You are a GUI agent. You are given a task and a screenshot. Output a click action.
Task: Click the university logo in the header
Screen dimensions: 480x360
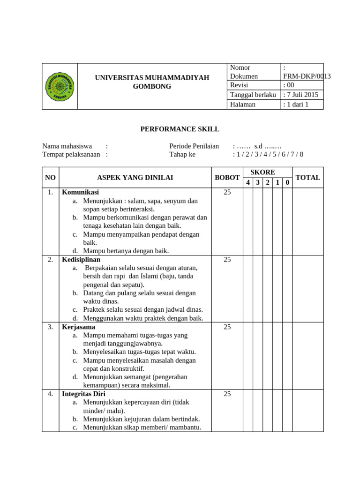click(60, 86)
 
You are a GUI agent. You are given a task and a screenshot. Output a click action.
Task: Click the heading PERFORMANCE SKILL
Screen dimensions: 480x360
click(180, 129)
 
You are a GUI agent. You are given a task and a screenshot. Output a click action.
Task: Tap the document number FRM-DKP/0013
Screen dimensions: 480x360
click(307, 76)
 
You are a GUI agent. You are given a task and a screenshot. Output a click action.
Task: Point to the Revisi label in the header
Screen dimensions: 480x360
click(239, 85)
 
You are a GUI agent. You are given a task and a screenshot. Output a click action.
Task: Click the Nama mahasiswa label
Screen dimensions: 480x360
click(67, 146)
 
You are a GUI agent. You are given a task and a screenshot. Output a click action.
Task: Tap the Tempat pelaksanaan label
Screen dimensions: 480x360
click(71, 154)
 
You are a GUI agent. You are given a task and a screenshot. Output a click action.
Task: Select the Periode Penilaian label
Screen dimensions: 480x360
click(194, 146)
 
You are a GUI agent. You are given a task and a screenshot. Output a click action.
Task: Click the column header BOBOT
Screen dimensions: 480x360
click(227, 177)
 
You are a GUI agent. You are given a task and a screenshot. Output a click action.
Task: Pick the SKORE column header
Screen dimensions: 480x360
click(262, 172)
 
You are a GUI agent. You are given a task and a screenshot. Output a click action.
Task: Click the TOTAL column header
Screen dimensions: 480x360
click(307, 177)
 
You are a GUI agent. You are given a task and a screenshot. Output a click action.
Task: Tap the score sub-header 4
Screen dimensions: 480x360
click(248, 182)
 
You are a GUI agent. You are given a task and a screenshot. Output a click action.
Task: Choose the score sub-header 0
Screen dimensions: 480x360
click(287, 182)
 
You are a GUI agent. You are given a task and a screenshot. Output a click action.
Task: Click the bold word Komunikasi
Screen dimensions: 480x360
click(80, 192)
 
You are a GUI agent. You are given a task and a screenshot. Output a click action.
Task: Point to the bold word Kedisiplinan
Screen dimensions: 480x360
click(81, 259)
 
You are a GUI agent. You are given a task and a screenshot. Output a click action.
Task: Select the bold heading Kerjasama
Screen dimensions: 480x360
click(78, 327)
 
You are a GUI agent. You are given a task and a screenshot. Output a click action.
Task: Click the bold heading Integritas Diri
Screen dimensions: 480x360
click(83, 394)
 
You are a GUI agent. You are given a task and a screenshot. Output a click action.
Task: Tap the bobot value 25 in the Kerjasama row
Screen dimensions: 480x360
click(227, 327)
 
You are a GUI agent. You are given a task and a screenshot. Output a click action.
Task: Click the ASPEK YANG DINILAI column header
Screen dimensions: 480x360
click(135, 177)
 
